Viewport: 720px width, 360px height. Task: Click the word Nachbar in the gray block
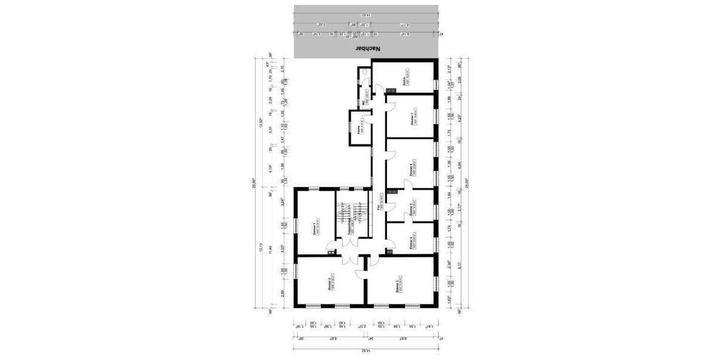point(368,48)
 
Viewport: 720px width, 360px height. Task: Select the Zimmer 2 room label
point(330,283)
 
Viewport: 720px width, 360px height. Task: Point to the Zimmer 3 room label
point(398,287)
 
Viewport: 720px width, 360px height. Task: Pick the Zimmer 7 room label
point(412,118)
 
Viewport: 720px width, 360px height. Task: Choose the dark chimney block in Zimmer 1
point(330,253)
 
